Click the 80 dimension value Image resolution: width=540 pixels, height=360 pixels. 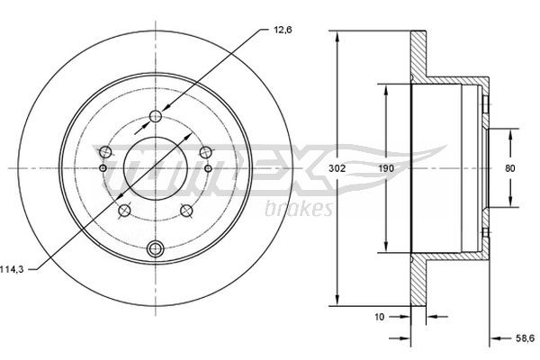[509, 168]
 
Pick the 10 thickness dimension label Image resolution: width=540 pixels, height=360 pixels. [380, 317]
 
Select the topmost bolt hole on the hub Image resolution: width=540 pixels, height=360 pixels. [155, 115]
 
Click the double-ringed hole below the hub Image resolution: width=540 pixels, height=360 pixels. [155, 248]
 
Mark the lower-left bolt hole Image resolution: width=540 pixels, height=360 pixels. [124, 211]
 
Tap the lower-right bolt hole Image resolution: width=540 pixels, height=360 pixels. [186, 211]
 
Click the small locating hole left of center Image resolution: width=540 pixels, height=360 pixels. [103, 168]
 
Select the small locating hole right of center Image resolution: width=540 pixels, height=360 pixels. [207, 168]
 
